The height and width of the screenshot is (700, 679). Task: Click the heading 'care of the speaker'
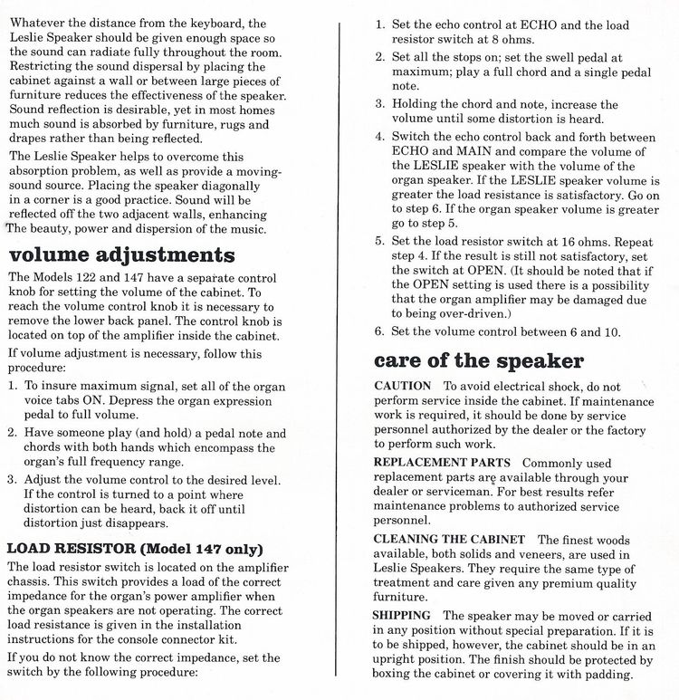(x=479, y=360)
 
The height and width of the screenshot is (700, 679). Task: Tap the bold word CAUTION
(x=402, y=386)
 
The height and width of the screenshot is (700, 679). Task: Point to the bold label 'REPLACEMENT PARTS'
(x=441, y=462)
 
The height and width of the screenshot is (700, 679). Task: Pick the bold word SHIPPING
(x=402, y=615)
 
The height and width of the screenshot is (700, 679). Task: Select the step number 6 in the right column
(x=379, y=331)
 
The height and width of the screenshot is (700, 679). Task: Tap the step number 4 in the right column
(x=379, y=137)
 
